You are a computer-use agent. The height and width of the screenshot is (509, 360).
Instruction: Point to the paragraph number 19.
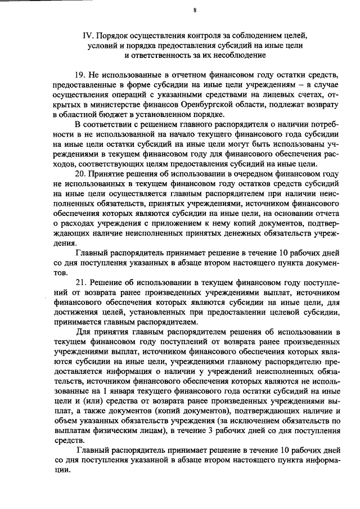pos(80,75)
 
